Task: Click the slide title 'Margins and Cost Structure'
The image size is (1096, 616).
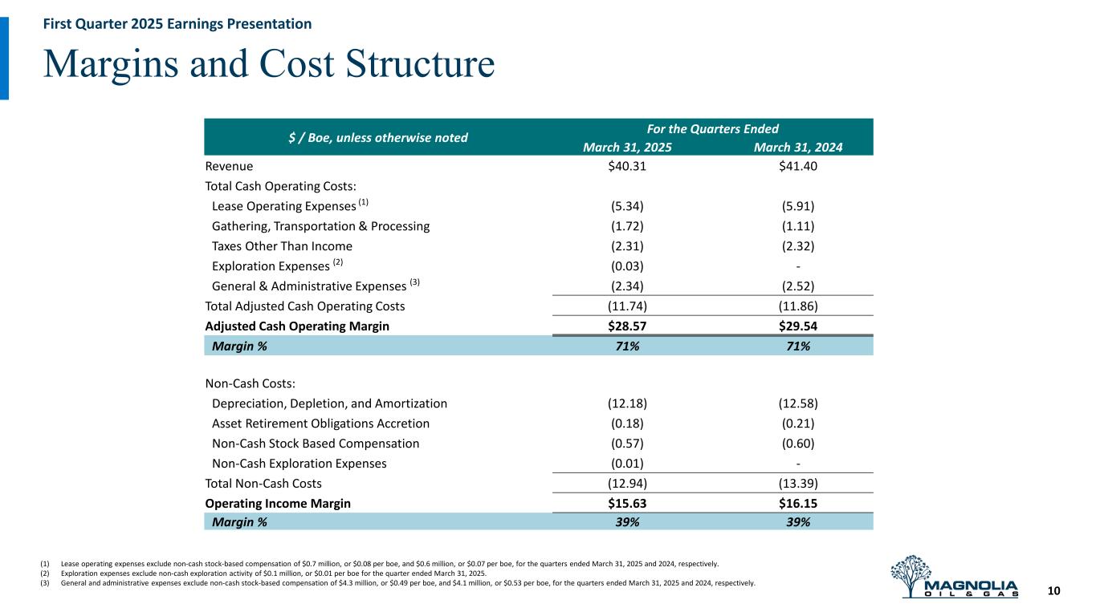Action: click(x=269, y=64)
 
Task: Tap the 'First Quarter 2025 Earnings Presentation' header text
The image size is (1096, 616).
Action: click(x=177, y=24)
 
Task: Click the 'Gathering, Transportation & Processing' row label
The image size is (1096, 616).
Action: click(x=320, y=226)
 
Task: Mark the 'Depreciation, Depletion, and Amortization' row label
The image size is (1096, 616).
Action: click(x=329, y=403)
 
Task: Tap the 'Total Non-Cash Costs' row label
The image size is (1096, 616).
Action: click(x=263, y=483)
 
